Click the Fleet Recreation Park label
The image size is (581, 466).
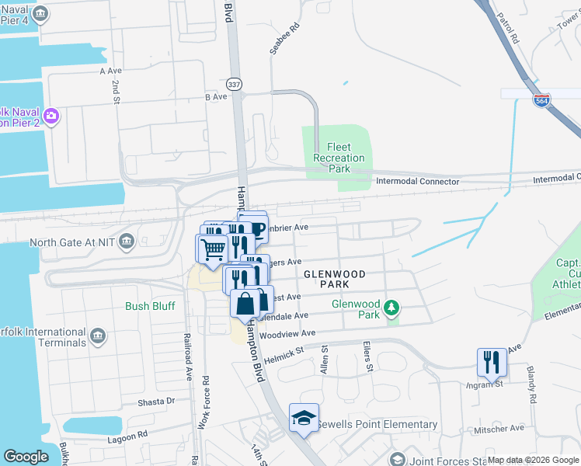[x=339, y=158]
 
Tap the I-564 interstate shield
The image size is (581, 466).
[x=542, y=100]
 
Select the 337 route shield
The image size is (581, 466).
[x=234, y=83]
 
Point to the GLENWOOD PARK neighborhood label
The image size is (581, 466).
[x=335, y=279]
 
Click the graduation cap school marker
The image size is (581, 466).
[x=304, y=419]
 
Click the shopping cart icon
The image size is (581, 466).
[x=212, y=249]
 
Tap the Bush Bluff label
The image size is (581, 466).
[x=151, y=306]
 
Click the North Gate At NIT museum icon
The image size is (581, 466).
[x=127, y=242]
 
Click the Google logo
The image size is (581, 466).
[x=26, y=457]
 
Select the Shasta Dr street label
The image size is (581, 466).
[x=158, y=401]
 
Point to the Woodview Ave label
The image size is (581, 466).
[x=287, y=333]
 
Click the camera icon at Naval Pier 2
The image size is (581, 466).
[x=51, y=116]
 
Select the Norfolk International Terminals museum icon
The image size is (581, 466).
[x=97, y=336]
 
